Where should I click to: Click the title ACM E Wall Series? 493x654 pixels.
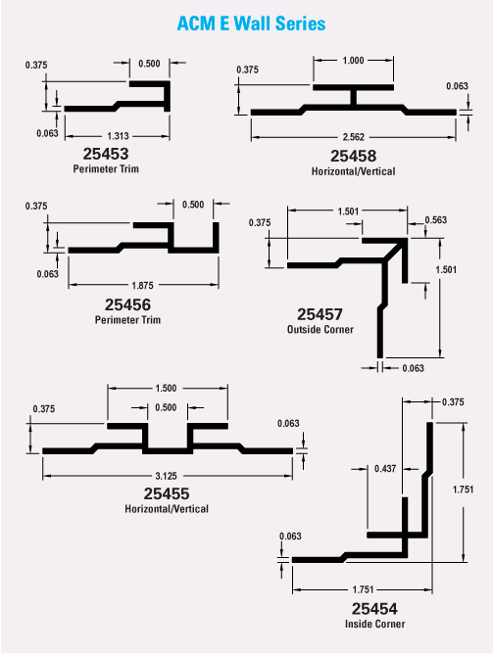251,23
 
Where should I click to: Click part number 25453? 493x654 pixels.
106,154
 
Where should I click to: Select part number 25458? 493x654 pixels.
353,156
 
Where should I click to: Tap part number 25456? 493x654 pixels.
127,304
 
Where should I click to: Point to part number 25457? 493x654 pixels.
320,314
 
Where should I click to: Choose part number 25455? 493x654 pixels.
167,493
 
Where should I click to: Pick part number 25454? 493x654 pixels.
374,609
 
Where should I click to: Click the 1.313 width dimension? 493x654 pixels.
119,136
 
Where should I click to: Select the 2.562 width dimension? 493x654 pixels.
354,137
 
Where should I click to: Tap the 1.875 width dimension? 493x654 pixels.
142,285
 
